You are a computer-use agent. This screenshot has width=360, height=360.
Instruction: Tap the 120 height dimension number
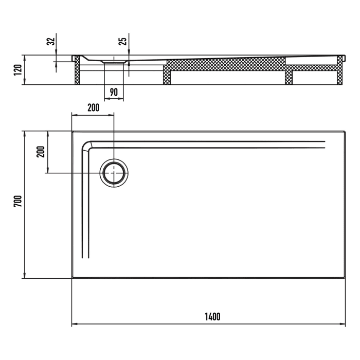pos(17,70)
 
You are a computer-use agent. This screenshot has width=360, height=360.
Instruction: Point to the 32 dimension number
pos(50,42)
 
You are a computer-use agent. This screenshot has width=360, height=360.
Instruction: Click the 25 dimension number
pos(123,41)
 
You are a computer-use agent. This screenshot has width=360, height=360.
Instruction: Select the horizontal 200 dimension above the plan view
pos(93,108)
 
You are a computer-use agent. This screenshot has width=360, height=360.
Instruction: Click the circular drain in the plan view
pos(114,173)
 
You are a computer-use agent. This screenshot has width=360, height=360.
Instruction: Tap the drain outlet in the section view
pos(114,61)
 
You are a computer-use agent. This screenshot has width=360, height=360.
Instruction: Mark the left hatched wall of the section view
pos(78,71)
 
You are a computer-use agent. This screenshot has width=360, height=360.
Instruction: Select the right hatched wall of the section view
pos(339,70)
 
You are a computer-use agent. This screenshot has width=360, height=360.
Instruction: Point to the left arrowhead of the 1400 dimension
pos(74,325)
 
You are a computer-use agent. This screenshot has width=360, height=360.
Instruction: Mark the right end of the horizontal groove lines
pos(325,144)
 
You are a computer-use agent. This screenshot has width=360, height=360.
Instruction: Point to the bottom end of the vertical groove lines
pos(85,257)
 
